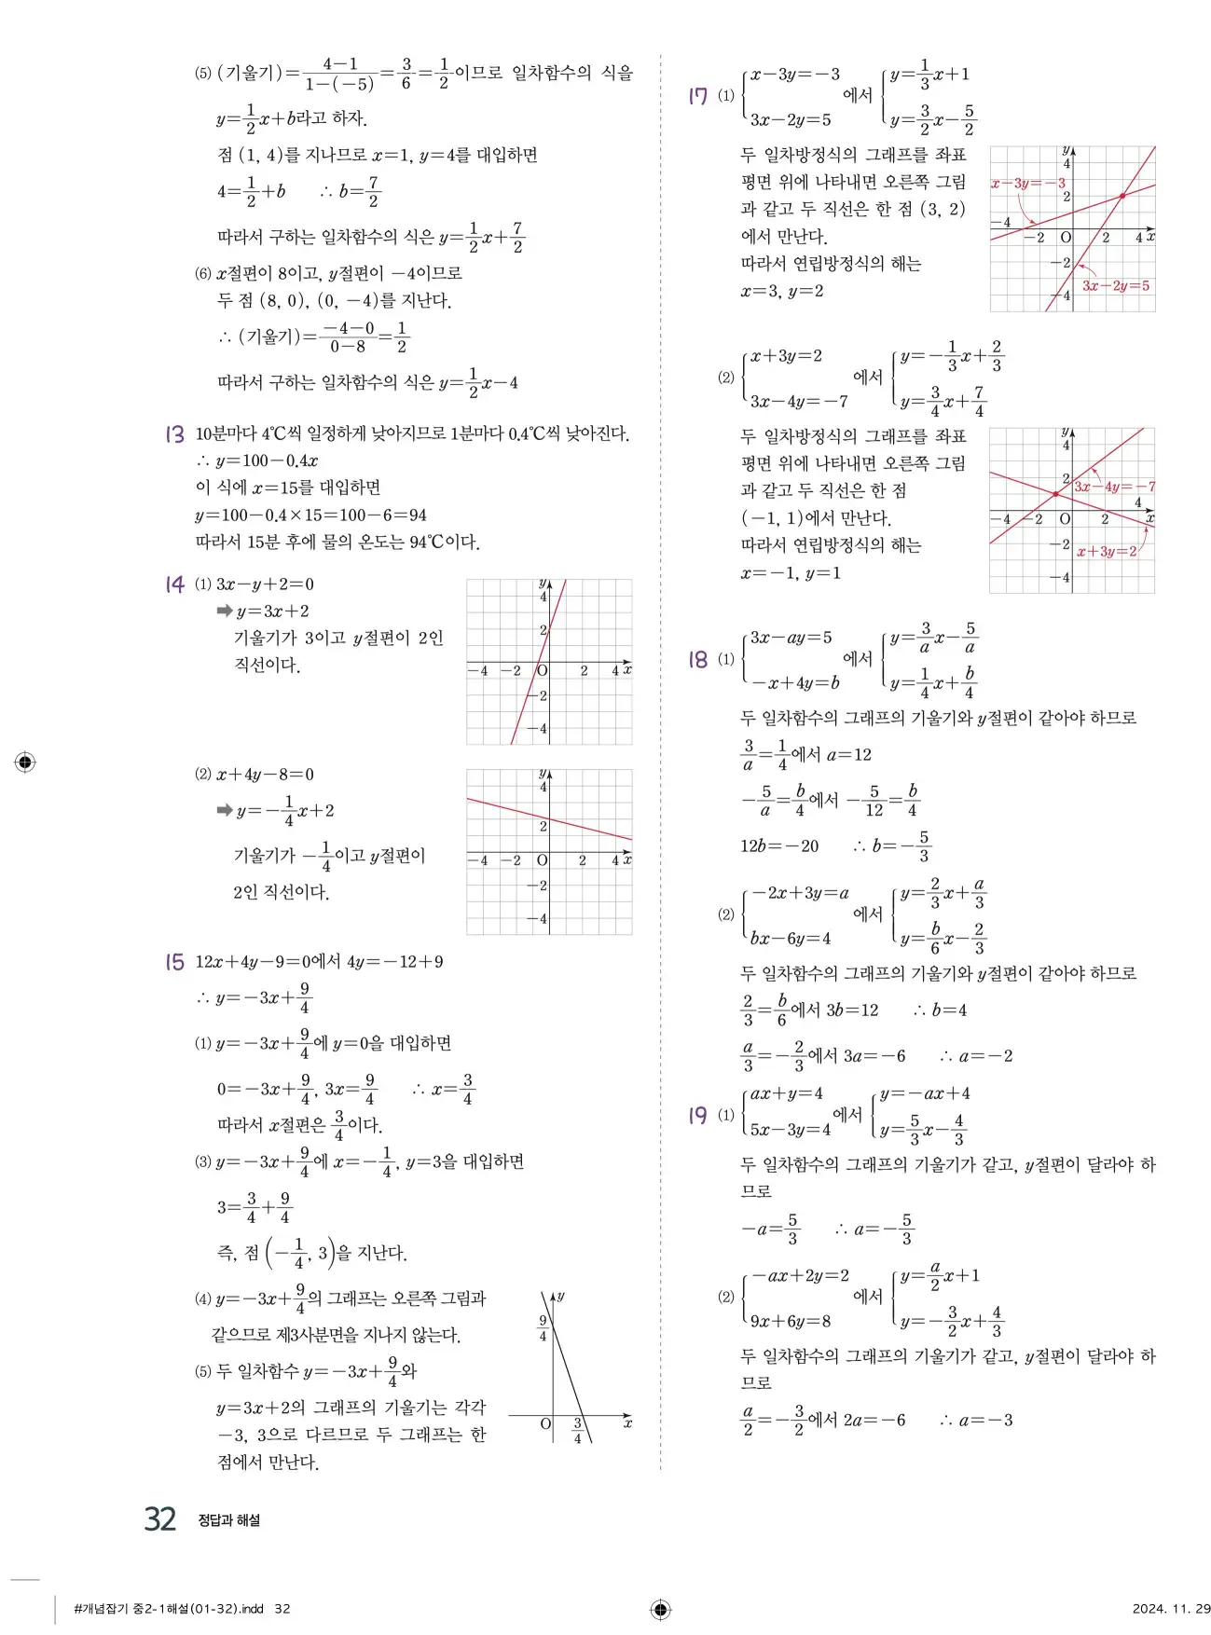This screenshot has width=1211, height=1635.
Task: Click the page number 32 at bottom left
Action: tap(160, 1518)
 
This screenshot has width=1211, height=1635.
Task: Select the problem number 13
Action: tap(174, 433)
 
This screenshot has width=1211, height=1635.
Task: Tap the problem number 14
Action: tap(174, 584)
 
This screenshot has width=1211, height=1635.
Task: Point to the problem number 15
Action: tap(174, 961)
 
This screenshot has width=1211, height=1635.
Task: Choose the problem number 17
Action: tap(697, 95)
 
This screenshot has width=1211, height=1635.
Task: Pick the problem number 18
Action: tap(697, 659)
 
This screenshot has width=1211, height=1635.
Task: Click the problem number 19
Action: tap(697, 1115)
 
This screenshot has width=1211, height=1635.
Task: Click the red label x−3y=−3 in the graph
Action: tap(1027, 184)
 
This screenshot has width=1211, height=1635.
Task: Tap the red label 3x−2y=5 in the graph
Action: tap(1115, 286)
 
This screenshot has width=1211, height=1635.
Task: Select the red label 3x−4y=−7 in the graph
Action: tap(1113, 487)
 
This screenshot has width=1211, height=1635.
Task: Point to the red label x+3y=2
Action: tap(1107, 552)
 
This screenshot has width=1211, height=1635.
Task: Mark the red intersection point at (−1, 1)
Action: tap(1055, 494)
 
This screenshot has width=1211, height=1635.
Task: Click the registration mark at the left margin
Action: tap(25, 763)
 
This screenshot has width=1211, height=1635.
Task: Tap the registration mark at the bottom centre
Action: tap(660, 1609)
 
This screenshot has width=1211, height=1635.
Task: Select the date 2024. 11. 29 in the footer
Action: tap(1171, 1609)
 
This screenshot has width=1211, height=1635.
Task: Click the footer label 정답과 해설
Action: tap(228, 1520)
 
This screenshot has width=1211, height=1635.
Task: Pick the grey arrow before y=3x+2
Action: tap(224, 611)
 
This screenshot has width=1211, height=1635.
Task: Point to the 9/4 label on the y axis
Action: tap(543, 1328)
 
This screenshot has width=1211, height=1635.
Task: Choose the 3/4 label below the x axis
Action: tap(577, 1431)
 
